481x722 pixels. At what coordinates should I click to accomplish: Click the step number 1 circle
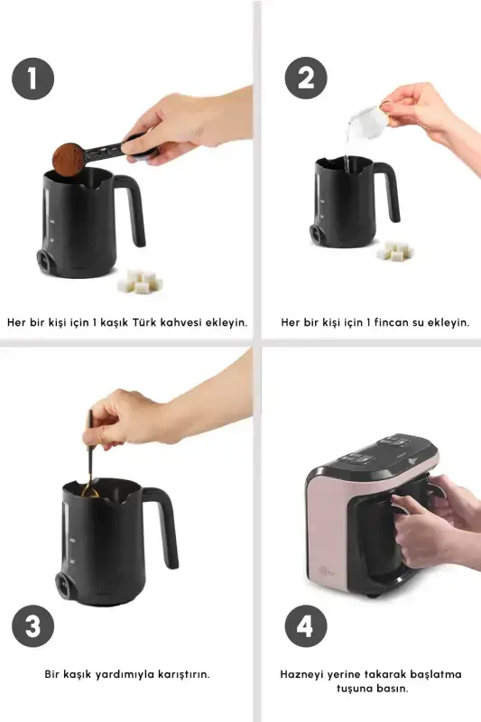pyautogui.click(x=32, y=79)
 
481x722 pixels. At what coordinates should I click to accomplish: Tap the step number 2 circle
pyautogui.click(x=306, y=78)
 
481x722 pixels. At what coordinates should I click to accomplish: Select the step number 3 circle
pyautogui.click(x=32, y=626)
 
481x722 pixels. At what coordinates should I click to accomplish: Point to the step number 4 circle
pyautogui.click(x=306, y=626)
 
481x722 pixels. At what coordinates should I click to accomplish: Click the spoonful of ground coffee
pyautogui.click(x=68, y=159)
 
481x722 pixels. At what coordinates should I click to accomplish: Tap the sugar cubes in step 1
pyautogui.click(x=140, y=282)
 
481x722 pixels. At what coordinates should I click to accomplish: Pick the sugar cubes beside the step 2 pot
pyautogui.click(x=395, y=251)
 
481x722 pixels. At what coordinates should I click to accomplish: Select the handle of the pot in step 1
pyautogui.click(x=131, y=208)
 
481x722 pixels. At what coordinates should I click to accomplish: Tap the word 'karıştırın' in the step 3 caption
pyautogui.click(x=184, y=674)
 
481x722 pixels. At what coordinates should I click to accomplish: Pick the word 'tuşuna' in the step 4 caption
pyautogui.click(x=355, y=689)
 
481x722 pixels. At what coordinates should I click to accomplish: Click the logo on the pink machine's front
pyautogui.click(x=327, y=572)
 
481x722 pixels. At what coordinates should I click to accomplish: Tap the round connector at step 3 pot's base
pyautogui.click(x=64, y=586)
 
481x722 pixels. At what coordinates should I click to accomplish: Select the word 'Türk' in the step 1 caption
pyautogui.click(x=144, y=322)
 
